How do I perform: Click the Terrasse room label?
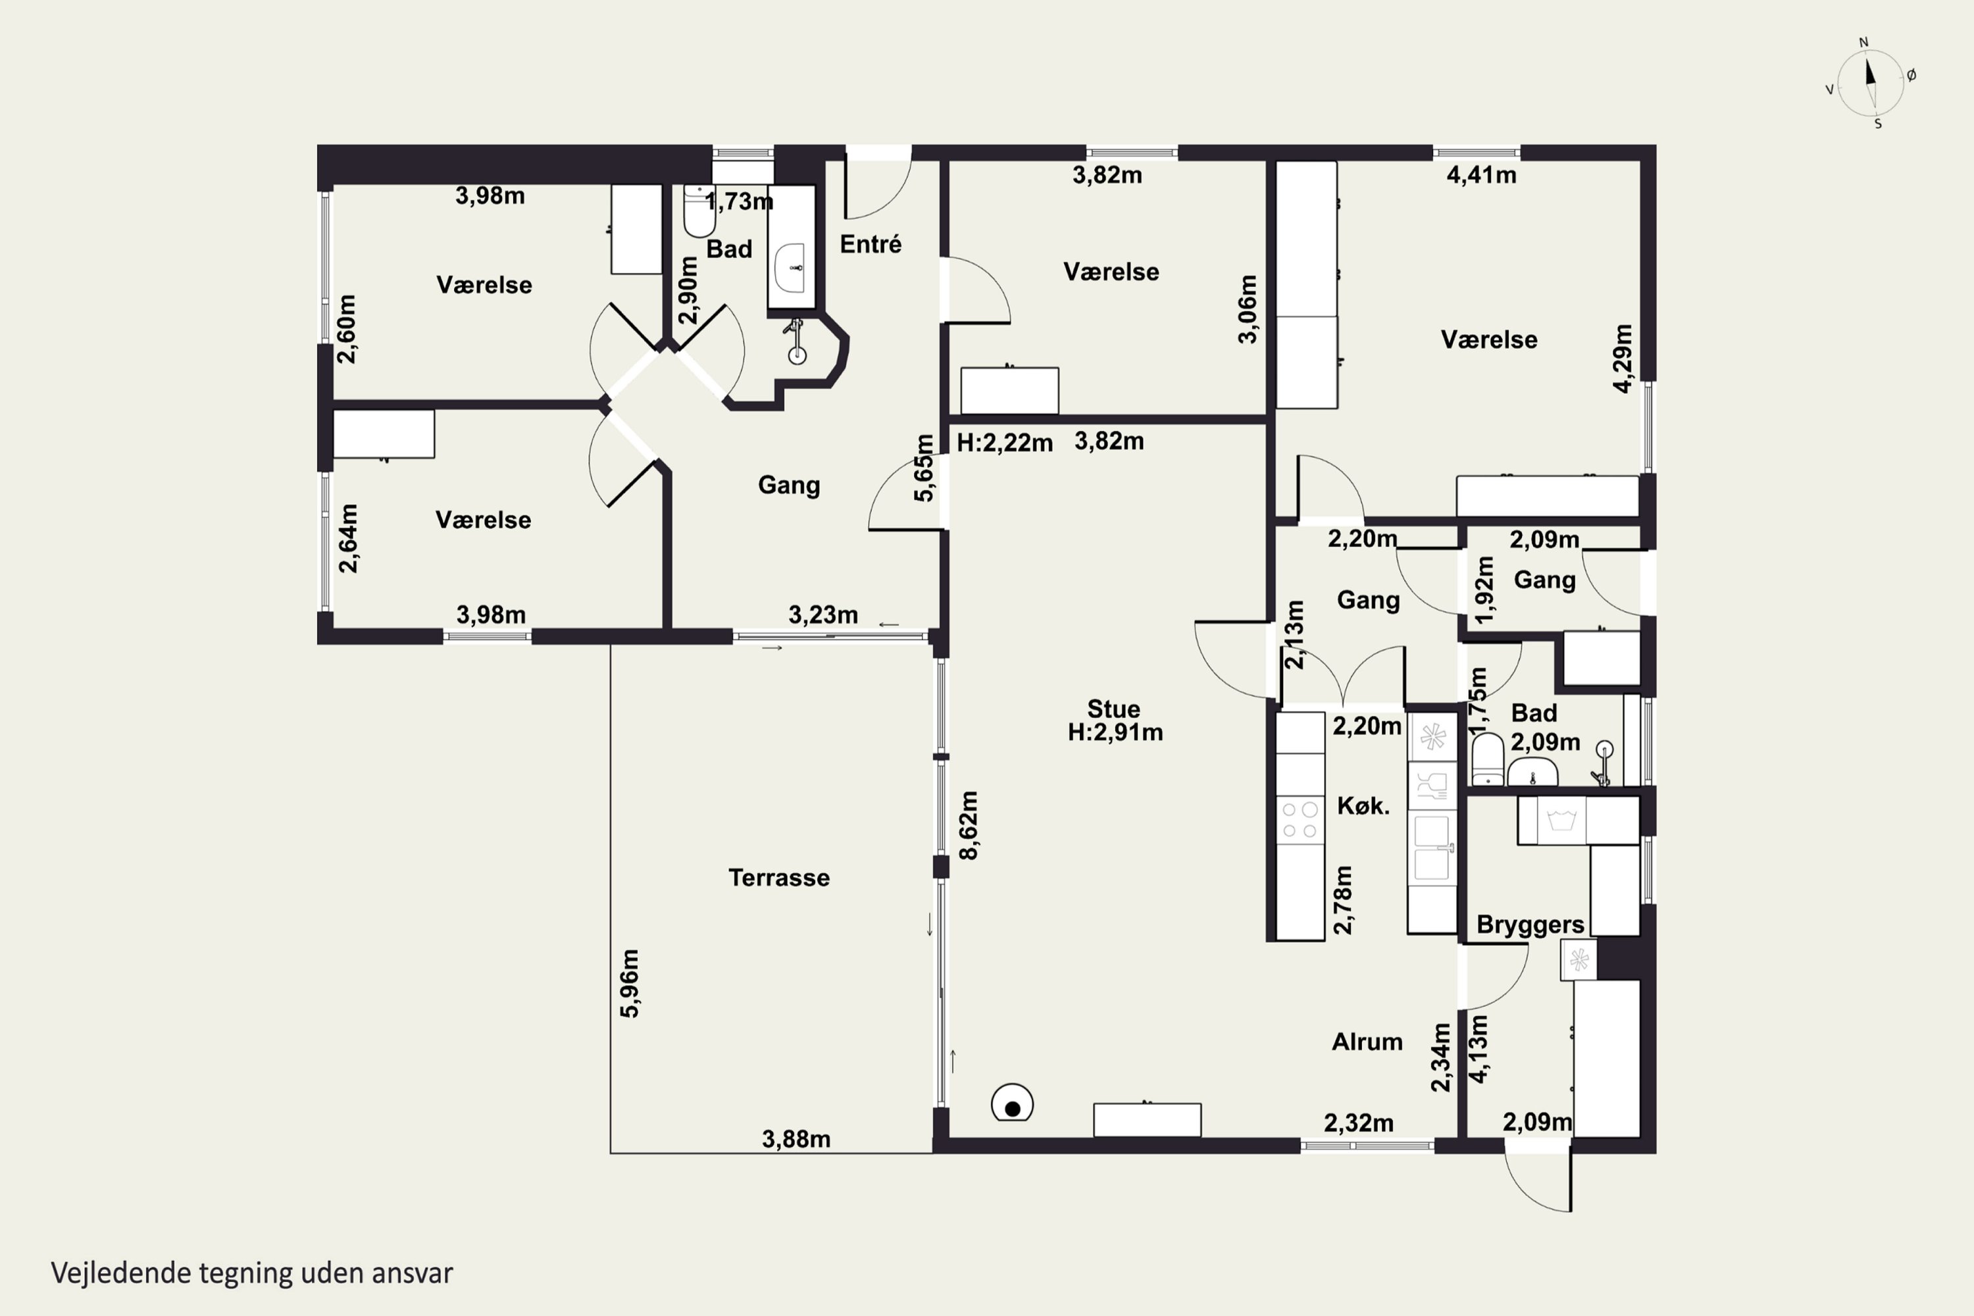pyautogui.click(x=779, y=878)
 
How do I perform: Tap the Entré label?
pyautogui.click(x=871, y=244)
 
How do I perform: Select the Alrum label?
pyautogui.click(x=1367, y=1042)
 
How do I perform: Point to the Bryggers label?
pyautogui.click(x=1530, y=925)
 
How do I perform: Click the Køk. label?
pyautogui.click(x=1363, y=805)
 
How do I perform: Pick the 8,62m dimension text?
pyautogui.click(x=969, y=825)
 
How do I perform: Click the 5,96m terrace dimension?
pyautogui.click(x=630, y=984)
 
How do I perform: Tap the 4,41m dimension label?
pyautogui.click(x=1481, y=176)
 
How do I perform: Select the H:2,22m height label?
pyautogui.click(x=1005, y=442)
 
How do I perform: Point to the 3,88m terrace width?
pyautogui.click(x=796, y=1139)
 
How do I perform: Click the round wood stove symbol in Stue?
pyautogui.click(x=1012, y=1103)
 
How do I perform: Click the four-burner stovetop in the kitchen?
pyautogui.click(x=1300, y=820)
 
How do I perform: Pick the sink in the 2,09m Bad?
pyautogui.click(x=1532, y=771)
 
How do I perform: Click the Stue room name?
pyautogui.click(x=1114, y=709)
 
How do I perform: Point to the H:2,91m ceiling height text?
pyautogui.click(x=1115, y=733)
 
